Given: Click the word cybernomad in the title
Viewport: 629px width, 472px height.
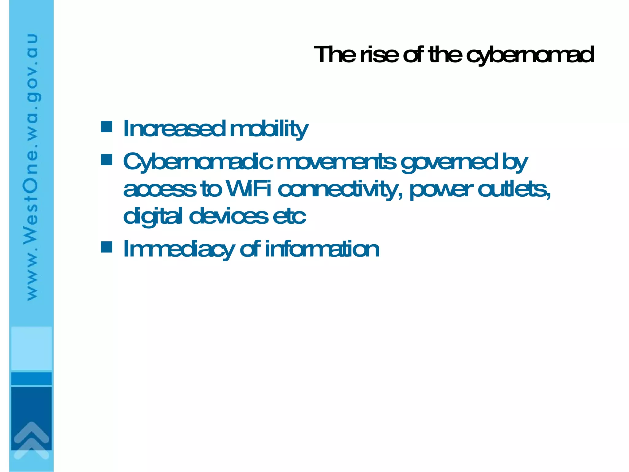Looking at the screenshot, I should click(530, 55).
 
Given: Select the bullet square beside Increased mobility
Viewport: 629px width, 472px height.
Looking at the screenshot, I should click(107, 127).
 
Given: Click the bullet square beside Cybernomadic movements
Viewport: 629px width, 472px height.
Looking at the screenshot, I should click(107, 160).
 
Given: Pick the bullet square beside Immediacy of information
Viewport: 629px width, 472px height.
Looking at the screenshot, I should click(107, 247).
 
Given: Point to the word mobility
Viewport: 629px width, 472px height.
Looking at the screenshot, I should click(269, 129).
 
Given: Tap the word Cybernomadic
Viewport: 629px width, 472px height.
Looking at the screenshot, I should click(198, 162).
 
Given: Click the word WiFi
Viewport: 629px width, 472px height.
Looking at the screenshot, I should click(248, 189).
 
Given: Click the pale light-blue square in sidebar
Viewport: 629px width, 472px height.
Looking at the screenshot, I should click(31, 348).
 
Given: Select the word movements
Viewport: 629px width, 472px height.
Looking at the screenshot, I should click(336, 162).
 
